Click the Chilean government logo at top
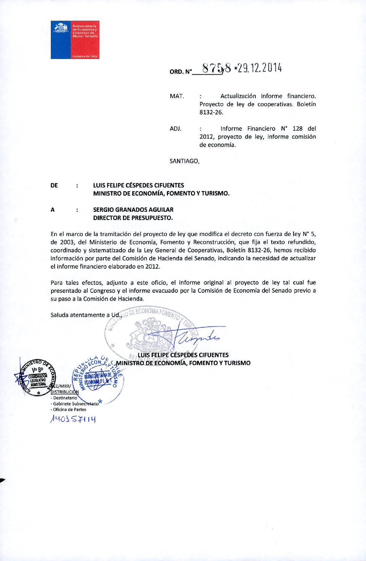click(75, 40)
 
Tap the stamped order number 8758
click(216, 68)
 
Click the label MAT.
click(177, 96)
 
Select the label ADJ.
click(175, 129)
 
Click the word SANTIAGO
click(184, 161)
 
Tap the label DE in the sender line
click(54, 185)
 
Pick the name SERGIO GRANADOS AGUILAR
click(133, 210)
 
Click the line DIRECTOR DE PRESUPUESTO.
click(133, 218)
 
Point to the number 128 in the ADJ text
click(297, 129)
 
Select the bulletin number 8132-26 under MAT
click(211, 112)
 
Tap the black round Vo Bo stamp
click(37, 377)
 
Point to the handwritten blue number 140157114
click(73, 419)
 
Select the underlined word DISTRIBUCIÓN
click(65, 392)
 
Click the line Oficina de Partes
click(69, 410)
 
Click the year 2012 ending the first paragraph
click(153, 267)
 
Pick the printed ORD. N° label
click(181, 72)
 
